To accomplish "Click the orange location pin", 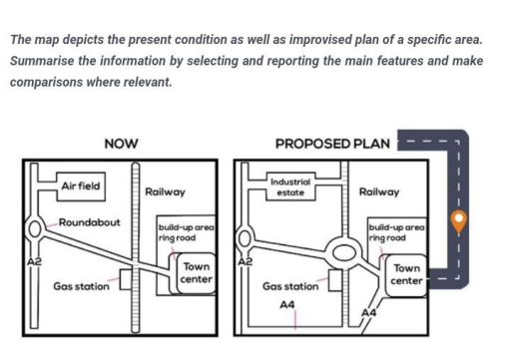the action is [x=458, y=219].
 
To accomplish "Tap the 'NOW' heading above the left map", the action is [x=121, y=144].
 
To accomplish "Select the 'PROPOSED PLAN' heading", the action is [x=332, y=144].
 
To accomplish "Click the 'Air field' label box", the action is [x=80, y=186].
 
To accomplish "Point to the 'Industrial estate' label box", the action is [x=291, y=186].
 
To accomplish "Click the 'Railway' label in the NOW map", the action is [x=165, y=190].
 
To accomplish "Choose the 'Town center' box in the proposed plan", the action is [x=406, y=273].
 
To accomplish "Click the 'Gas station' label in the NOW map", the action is [x=81, y=286].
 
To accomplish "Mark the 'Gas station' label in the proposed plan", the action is [x=290, y=286].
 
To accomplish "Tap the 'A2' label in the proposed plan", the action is [x=246, y=261].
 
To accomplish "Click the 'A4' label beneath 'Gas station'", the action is [x=286, y=305].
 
